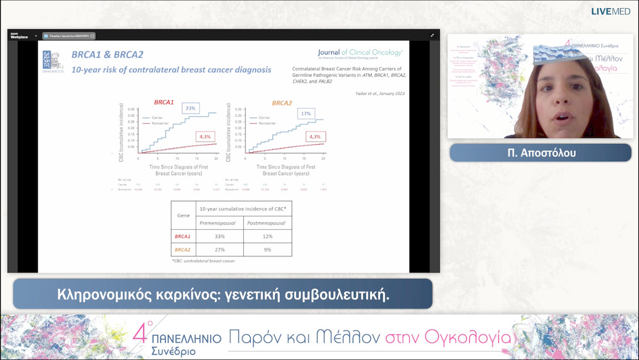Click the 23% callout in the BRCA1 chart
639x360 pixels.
(191, 108)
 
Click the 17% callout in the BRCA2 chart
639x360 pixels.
(305, 113)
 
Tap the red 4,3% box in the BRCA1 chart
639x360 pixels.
(205, 137)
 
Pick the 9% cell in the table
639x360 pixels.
(268, 250)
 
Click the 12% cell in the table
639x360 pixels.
(268, 236)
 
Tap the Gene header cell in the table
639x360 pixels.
(183, 216)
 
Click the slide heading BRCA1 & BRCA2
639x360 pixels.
(107, 54)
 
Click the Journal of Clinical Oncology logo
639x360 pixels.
(360, 53)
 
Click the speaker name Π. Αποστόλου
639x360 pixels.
(540, 153)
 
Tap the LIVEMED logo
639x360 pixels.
(611, 11)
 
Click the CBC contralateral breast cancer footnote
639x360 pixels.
(203, 261)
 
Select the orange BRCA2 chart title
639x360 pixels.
(282, 102)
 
